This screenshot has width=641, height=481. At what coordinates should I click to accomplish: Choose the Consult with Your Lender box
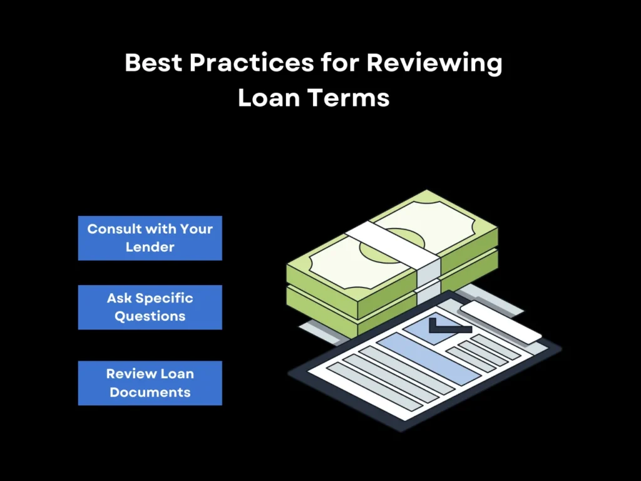click(150, 238)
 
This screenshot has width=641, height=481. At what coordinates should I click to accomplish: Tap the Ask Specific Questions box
click(150, 307)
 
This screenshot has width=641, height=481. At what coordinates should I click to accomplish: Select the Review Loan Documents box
click(150, 383)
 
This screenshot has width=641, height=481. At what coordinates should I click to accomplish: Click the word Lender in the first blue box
click(150, 247)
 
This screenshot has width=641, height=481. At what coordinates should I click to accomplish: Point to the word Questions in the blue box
click(150, 316)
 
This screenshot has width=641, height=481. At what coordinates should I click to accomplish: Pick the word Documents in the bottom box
click(150, 393)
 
